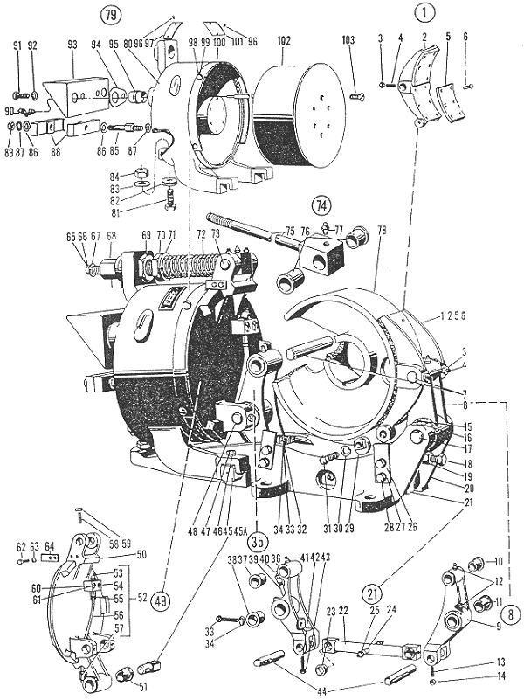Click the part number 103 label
pyautogui.click(x=348, y=41)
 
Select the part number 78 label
pyautogui.click(x=382, y=229)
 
